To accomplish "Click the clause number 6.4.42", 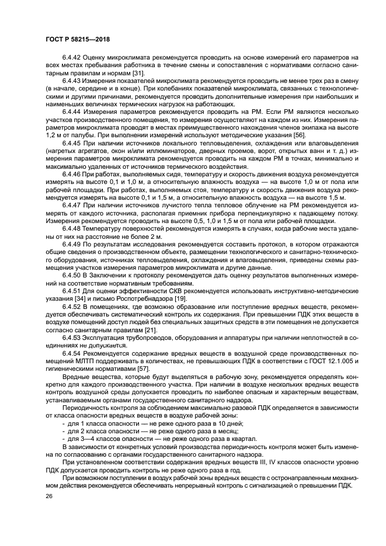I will coord(72,59).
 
